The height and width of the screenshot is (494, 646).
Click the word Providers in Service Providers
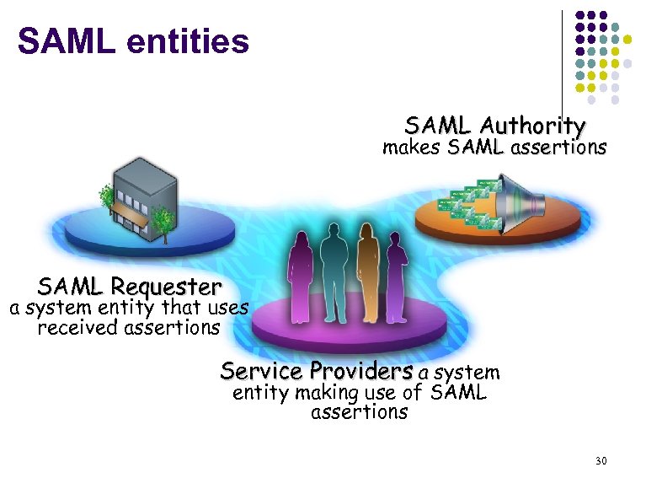pos(361,371)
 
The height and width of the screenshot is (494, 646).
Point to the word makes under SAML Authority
pos(412,148)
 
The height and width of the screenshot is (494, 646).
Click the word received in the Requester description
pos(77,327)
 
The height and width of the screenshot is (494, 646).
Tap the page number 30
pos(601,460)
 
